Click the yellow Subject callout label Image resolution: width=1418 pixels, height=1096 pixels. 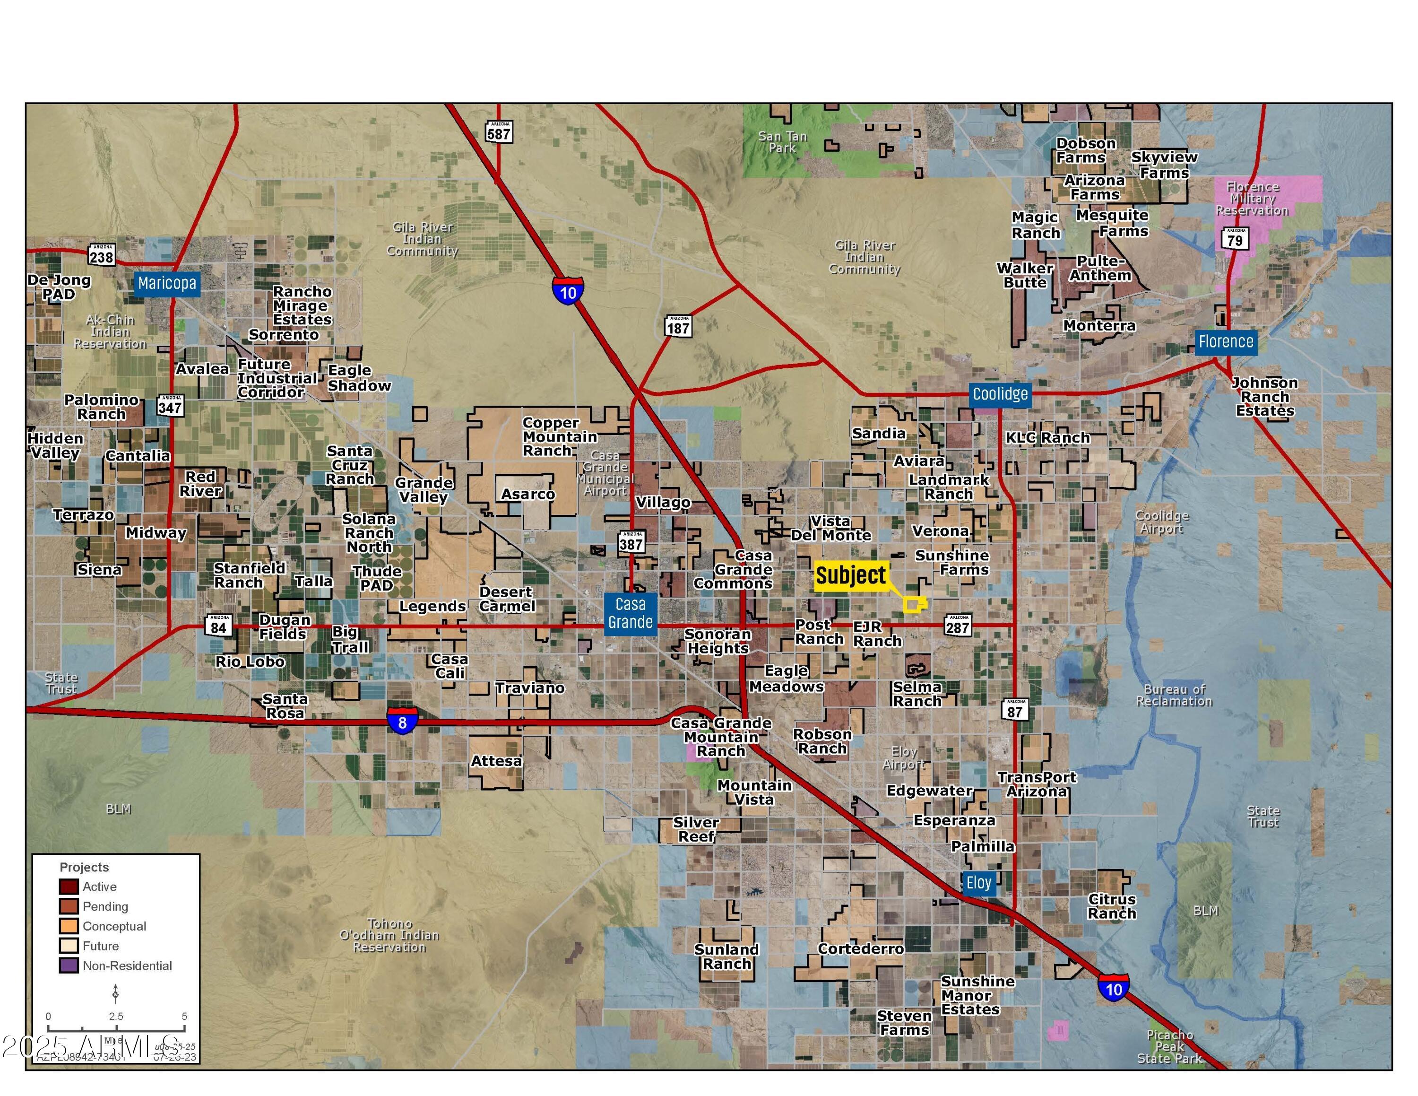(850, 575)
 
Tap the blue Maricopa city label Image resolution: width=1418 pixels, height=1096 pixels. (167, 283)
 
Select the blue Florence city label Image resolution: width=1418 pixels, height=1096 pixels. (1225, 341)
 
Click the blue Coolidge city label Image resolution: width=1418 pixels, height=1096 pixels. (1000, 394)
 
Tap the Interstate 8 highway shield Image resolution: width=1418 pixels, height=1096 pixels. (402, 722)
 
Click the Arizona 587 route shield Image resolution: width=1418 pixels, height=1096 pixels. (499, 132)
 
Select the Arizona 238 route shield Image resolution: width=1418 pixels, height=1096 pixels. (101, 255)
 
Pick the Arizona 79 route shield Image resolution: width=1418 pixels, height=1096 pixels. (1235, 238)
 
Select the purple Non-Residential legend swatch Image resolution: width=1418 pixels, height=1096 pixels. (69, 966)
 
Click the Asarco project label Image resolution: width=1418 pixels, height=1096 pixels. (528, 494)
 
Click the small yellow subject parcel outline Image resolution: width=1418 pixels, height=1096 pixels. (914, 605)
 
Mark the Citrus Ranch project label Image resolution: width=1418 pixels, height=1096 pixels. (1112, 906)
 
